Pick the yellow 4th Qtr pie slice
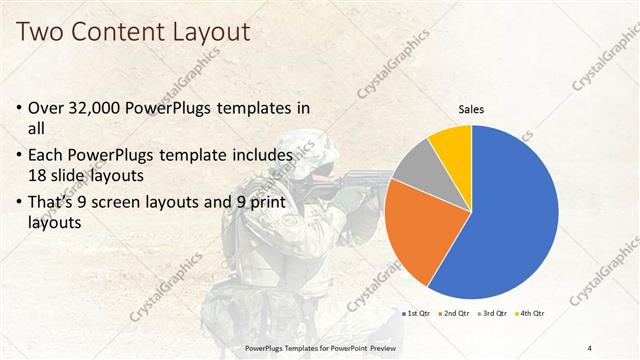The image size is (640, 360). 452,144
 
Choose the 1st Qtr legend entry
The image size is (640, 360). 417,314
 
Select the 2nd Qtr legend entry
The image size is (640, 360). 456,314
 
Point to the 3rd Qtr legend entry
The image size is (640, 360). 494,314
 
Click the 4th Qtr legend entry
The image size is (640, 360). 531,314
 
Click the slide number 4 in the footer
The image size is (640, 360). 591,347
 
